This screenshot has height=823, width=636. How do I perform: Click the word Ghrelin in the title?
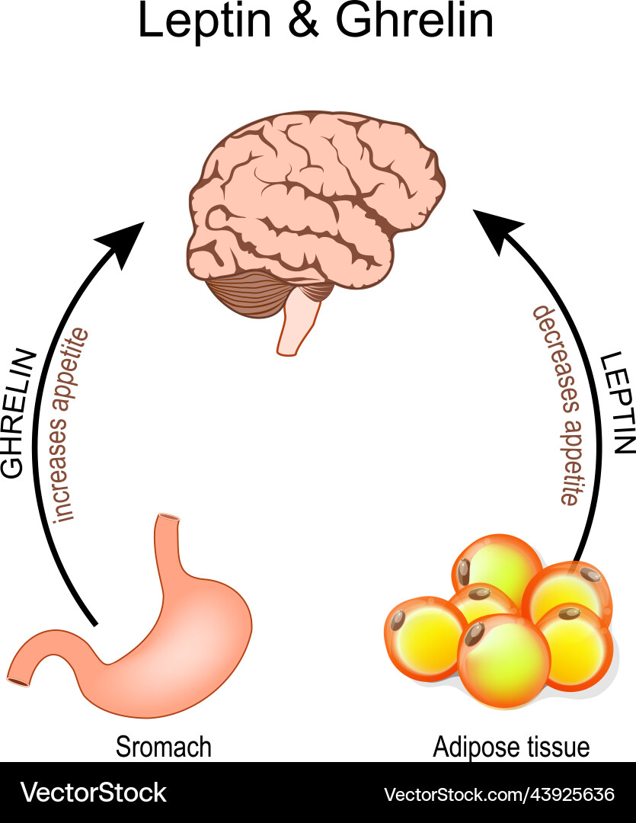click(x=415, y=22)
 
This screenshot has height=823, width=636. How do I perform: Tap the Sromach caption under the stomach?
click(x=163, y=747)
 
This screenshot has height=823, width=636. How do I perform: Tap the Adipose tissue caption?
click(x=511, y=747)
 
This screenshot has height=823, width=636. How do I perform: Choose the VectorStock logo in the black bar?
click(x=93, y=793)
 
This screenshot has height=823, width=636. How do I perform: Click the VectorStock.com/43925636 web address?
click(x=499, y=794)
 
